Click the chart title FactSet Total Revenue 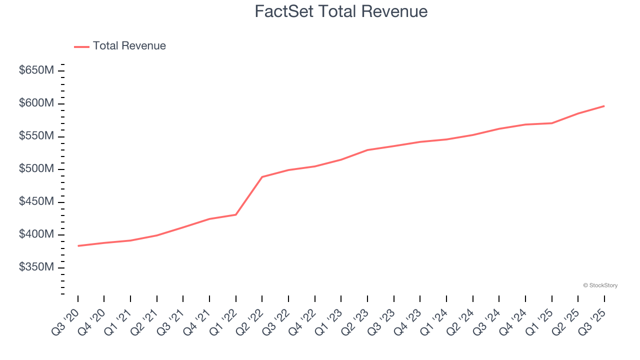pyautogui.click(x=341, y=11)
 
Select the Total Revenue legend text pyautogui.click(x=129, y=46)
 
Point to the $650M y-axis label pyautogui.click(x=36, y=70)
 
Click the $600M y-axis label pyautogui.click(x=36, y=103)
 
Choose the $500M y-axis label pyautogui.click(x=36, y=169)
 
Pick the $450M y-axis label pyautogui.click(x=36, y=202)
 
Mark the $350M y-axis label pyautogui.click(x=36, y=267)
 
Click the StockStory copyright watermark pyautogui.click(x=600, y=285)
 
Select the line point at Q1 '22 pyautogui.click(x=236, y=214)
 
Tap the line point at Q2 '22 pyautogui.click(x=262, y=177)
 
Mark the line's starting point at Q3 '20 pyautogui.click(x=78, y=246)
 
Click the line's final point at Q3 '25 pyautogui.click(x=604, y=106)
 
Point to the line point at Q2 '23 pyautogui.click(x=367, y=150)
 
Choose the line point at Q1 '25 pyautogui.click(x=551, y=123)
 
